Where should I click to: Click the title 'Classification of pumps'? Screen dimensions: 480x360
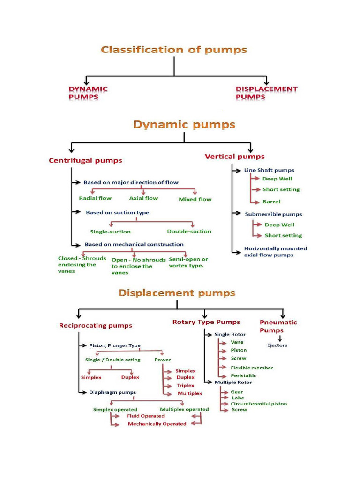[x=174, y=50]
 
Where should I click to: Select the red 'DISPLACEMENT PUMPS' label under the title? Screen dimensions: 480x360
[x=266, y=93]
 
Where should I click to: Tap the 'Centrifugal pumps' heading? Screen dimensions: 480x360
[x=85, y=160]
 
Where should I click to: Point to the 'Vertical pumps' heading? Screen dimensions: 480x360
[x=234, y=157]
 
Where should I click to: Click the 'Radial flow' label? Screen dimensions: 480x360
[x=95, y=198]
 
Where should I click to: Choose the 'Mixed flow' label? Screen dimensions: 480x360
[x=195, y=199]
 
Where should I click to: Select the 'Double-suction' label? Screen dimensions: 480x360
[x=189, y=231]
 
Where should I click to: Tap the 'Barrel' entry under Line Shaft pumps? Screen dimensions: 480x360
[x=271, y=202]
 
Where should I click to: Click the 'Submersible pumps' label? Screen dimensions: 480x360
[x=273, y=214]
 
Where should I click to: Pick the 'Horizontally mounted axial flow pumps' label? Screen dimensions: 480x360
[x=275, y=252]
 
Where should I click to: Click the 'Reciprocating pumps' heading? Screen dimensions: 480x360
[x=96, y=325]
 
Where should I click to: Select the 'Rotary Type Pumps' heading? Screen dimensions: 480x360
[x=206, y=322]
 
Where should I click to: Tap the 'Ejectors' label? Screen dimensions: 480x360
[x=277, y=345]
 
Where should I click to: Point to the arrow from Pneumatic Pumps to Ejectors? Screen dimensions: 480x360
[x=280, y=338]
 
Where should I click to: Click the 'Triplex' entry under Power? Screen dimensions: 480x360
[x=185, y=385]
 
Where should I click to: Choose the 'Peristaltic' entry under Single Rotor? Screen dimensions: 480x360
[x=243, y=375]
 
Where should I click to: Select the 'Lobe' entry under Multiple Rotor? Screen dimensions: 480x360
[x=238, y=397]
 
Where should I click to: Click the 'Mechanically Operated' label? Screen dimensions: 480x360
[x=157, y=424]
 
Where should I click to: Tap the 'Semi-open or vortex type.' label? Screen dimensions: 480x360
[x=188, y=262]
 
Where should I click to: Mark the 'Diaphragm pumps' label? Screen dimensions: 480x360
[x=112, y=392]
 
